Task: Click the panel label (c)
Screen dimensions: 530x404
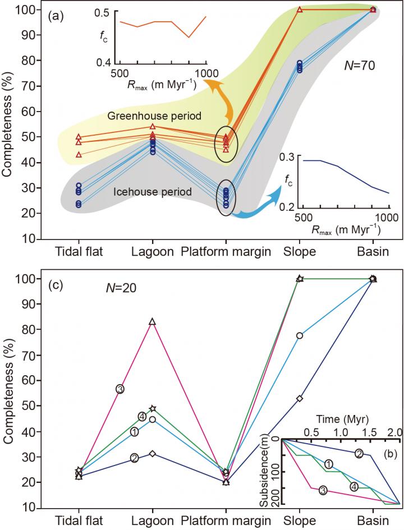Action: click(x=55, y=285)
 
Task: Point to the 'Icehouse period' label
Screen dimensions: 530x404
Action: click(x=153, y=192)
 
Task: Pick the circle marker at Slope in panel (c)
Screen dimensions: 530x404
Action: click(x=300, y=336)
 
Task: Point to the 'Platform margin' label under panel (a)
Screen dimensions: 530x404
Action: click(x=226, y=251)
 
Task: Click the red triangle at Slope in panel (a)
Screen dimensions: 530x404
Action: click(x=300, y=10)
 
